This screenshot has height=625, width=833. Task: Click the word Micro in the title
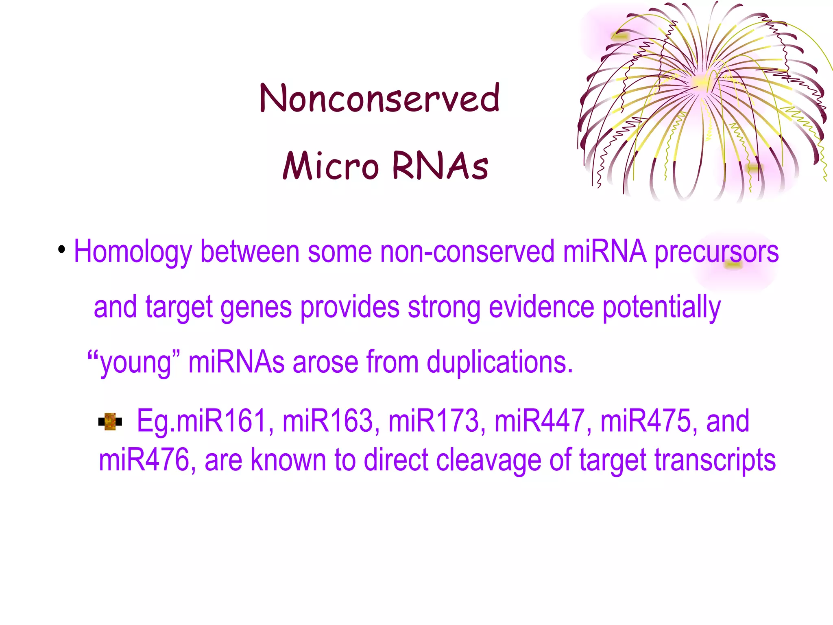coord(331,166)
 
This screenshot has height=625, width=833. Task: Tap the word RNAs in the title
coord(440,166)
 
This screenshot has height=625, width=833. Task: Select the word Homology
coord(133,252)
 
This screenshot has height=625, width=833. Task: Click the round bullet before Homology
coord(61,249)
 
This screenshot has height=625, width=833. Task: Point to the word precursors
coord(716,252)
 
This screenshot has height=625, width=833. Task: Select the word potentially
coord(661,308)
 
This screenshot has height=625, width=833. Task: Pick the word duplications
coord(499,362)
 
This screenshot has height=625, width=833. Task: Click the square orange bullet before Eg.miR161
coord(110,422)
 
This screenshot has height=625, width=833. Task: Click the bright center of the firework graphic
coord(700,81)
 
